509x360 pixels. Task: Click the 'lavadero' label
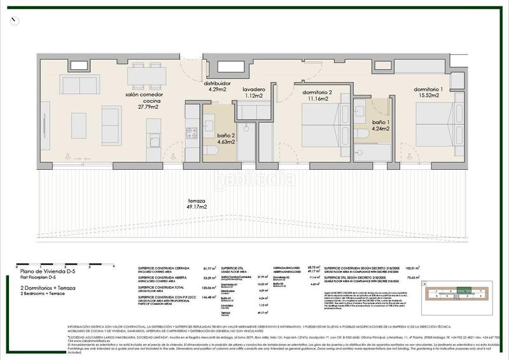253,90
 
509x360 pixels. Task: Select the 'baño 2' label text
226,134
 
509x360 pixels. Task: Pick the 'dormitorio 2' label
317,92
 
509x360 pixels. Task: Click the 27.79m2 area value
143,108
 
